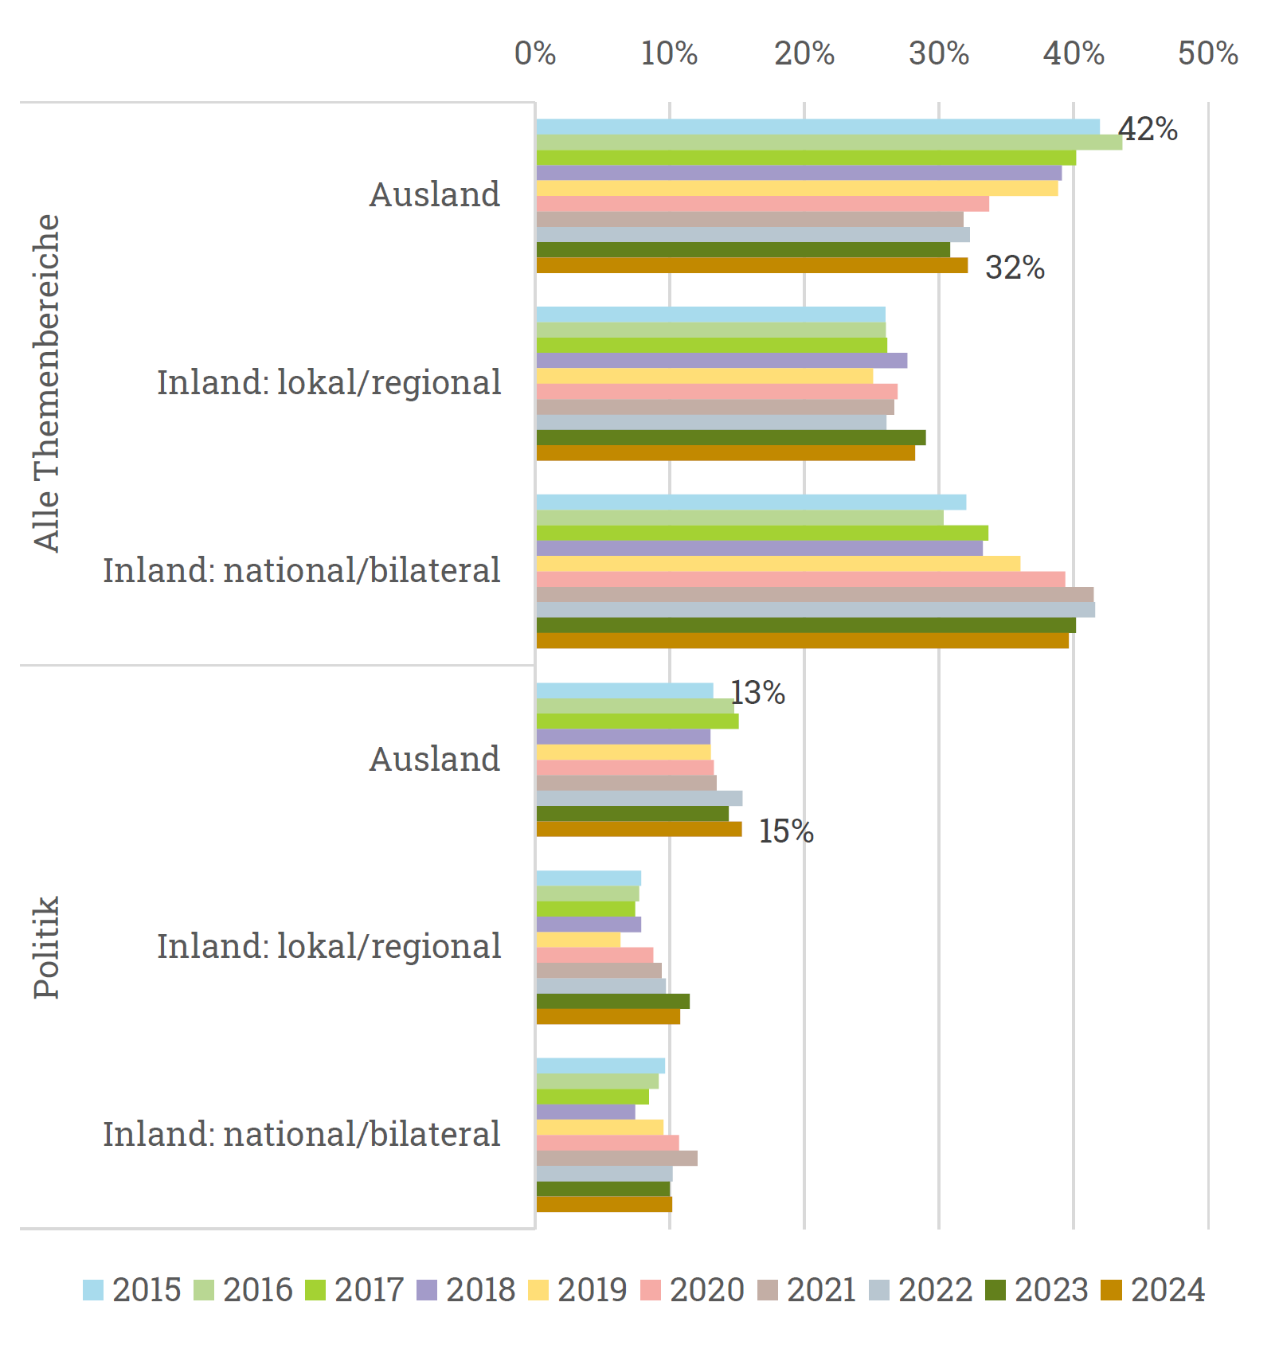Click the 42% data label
coord(1148,129)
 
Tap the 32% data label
coord(1015,268)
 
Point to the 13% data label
coord(758,693)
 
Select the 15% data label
coord(786,831)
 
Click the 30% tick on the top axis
coord(939,53)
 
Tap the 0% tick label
coord(535,53)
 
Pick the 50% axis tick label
coord(1207,53)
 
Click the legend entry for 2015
coord(132,1290)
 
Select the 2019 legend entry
coord(578,1290)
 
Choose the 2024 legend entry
coord(1153,1290)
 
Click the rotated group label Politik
coord(46,947)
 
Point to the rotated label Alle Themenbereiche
coord(46,382)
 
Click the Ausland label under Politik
coord(435,759)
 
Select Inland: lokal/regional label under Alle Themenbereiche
coord(329,382)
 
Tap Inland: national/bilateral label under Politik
coord(302,1134)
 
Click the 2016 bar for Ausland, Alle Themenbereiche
coord(828,143)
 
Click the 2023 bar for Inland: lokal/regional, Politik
coord(612,1002)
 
